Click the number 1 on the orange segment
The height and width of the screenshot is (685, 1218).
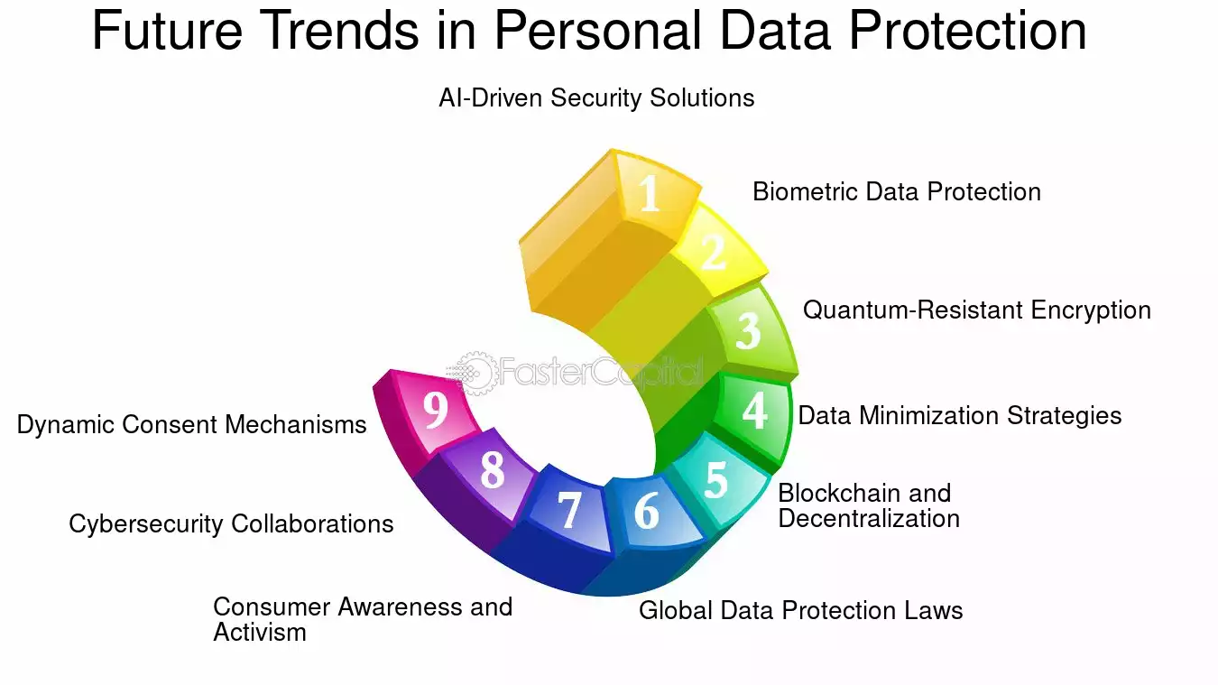click(649, 193)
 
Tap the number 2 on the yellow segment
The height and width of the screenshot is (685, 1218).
click(713, 252)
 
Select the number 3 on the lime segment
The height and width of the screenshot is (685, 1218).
click(748, 330)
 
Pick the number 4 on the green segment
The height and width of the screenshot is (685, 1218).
click(755, 411)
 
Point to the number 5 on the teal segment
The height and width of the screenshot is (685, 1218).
click(715, 479)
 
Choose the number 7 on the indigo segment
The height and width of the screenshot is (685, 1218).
click(569, 509)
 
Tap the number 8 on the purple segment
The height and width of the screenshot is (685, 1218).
click(492, 469)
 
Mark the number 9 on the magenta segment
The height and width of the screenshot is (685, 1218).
click(436, 409)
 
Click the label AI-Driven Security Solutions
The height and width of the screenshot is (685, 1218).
click(596, 98)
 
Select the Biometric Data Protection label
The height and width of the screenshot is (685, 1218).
click(897, 191)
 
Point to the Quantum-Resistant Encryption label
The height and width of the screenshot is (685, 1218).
click(977, 310)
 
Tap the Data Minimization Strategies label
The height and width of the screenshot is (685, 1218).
click(960, 416)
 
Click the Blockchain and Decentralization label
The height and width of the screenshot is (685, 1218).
click(869, 505)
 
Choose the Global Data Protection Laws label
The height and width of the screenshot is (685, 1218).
click(801, 610)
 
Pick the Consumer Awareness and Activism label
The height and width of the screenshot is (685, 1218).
click(363, 619)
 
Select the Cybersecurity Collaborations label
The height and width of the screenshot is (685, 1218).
click(231, 524)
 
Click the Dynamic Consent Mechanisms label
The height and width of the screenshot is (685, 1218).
click(192, 425)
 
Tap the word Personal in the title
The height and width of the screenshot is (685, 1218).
click(597, 30)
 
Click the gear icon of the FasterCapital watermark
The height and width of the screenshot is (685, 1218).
click(476, 374)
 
